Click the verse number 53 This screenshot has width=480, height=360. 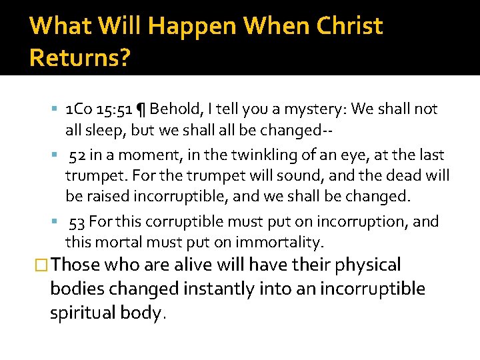[77, 221]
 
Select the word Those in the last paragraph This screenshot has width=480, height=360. [75, 265]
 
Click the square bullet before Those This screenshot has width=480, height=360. [42, 265]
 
